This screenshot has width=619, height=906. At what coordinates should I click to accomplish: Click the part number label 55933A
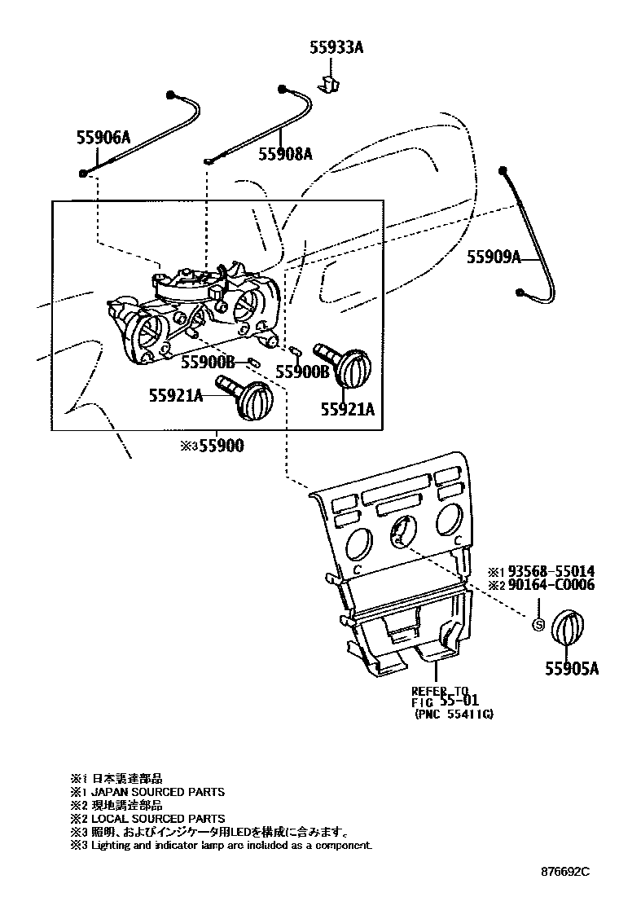click(x=336, y=48)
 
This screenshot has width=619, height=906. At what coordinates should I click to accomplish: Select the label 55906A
click(x=103, y=138)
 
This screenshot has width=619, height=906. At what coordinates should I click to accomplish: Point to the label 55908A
click(x=285, y=153)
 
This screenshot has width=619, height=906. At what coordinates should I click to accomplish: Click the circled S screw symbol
click(x=538, y=625)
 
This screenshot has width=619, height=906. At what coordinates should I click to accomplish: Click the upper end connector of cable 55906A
click(x=172, y=94)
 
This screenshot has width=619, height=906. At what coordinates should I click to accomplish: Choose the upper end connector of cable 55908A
click(x=283, y=87)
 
